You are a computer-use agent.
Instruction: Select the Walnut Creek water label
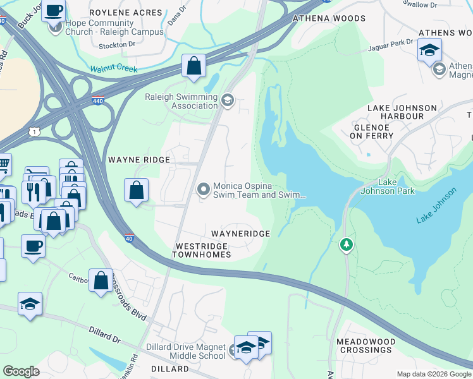(113, 69)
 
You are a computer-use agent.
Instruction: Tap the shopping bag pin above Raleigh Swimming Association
(193, 66)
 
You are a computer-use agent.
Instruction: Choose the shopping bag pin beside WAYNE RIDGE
(137, 190)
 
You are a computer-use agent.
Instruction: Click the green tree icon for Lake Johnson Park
(346, 244)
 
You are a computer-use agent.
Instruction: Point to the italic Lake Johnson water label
(436, 207)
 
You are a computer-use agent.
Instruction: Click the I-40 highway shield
(129, 238)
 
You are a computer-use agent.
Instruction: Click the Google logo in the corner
(21, 371)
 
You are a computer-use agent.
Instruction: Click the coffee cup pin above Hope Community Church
(54, 11)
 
